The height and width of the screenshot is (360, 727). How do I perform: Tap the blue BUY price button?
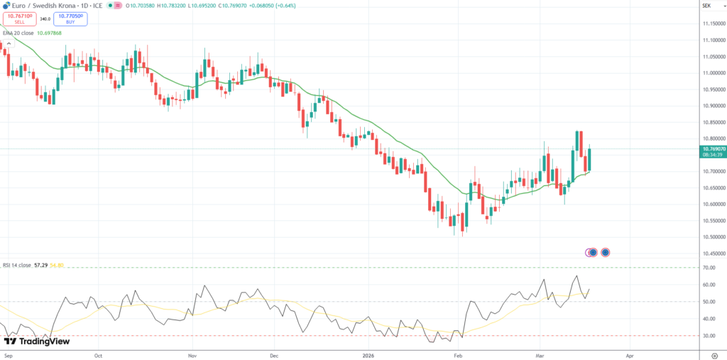pyautogui.click(x=70, y=19)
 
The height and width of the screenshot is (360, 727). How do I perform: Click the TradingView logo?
pyautogui.click(x=37, y=342)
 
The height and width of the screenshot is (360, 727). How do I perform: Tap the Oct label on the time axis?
pyautogui.click(x=99, y=355)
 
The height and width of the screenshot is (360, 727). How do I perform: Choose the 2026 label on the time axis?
pyautogui.click(x=368, y=355)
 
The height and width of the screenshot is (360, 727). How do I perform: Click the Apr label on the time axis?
pyautogui.click(x=630, y=355)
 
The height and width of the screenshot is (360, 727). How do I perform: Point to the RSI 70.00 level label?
pyautogui.click(x=708, y=268)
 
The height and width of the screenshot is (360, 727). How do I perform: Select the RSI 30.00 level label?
pyautogui.click(x=708, y=335)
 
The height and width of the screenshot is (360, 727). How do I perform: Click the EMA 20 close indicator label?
pyautogui.click(x=18, y=33)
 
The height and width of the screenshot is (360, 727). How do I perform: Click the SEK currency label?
pyautogui.click(x=706, y=6)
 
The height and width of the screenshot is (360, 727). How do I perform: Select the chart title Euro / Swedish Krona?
pyautogui.click(x=42, y=6)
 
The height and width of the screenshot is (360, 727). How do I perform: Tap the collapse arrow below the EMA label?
pyautogui.click(x=9, y=44)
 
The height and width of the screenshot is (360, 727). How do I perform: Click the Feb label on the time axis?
pyautogui.click(x=458, y=355)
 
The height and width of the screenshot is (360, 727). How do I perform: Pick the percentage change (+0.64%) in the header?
pyautogui.click(x=285, y=6)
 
